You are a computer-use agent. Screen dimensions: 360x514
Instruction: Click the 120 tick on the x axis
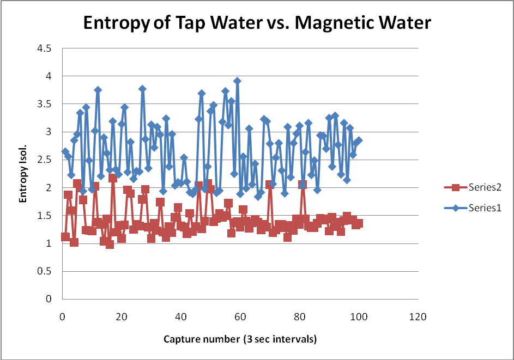pyautogui.click(x=418, y=316)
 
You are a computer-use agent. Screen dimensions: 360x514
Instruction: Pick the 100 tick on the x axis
pyautogui.click(x=359, y=316)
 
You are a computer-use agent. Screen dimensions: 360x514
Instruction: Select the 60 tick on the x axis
pyautogui.click(x=240, y=316)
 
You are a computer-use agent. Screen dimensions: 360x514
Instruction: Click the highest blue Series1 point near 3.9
pyautogui.click(x=237, y=81)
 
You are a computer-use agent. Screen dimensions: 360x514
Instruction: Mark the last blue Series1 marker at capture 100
pyautogui.click(x=359, y=141)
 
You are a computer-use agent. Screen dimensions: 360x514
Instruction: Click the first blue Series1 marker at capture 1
pyautogui.click(x=65, y=151)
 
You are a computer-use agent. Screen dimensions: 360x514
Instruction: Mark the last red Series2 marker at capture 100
pyautogui.click(x=359, y=223)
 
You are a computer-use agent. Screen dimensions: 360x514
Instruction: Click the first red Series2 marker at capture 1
pyautogui.click(x=65, y=237)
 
